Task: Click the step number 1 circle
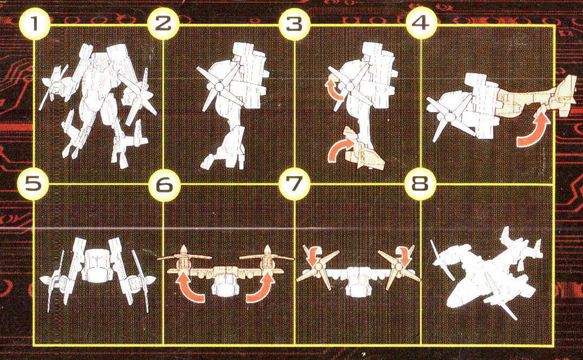[34, 24]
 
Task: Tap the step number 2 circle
[163, 24]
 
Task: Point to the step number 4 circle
[420, 24]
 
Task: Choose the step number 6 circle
[164, 184]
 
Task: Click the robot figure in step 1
[99, 106]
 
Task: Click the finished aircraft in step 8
[487, 274]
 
